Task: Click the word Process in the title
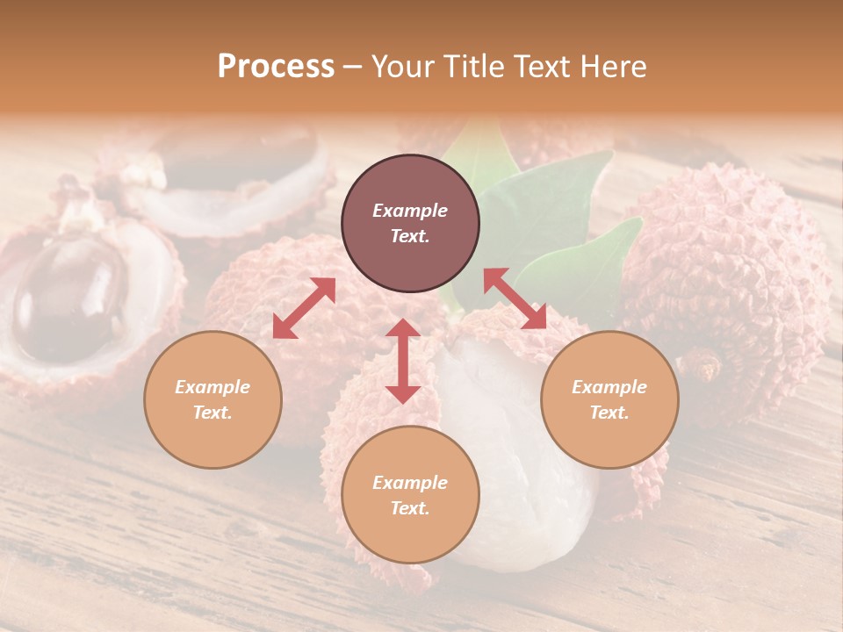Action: (276, 66)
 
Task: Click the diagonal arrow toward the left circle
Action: (304, 308)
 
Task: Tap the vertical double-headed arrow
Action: (403, 361)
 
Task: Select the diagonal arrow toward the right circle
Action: (515, 298)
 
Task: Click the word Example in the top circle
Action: (410, 211)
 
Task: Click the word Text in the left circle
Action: (213, 413)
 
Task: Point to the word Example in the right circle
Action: (609, 387)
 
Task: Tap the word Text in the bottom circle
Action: (410, 508)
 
